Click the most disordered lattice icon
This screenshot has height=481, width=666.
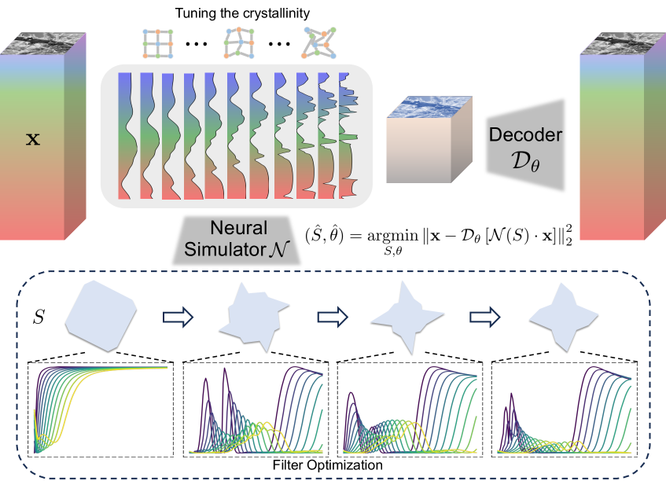click(323, 44)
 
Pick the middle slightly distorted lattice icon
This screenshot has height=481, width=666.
click(241, 44)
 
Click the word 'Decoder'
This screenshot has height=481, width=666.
click(525, 134)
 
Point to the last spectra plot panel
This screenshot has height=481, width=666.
click(563, 409)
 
